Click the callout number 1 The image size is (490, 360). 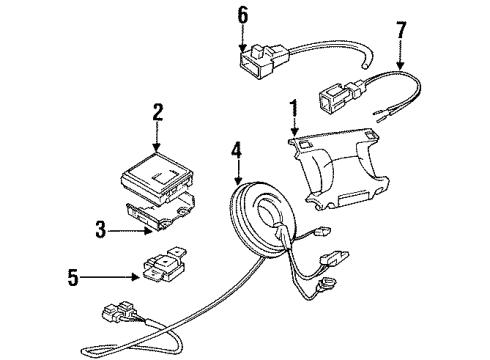click(293, 106)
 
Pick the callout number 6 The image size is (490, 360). click(241, 15)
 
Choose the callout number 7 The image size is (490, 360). click(401, 28)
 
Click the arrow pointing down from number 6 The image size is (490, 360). click(241, 37)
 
